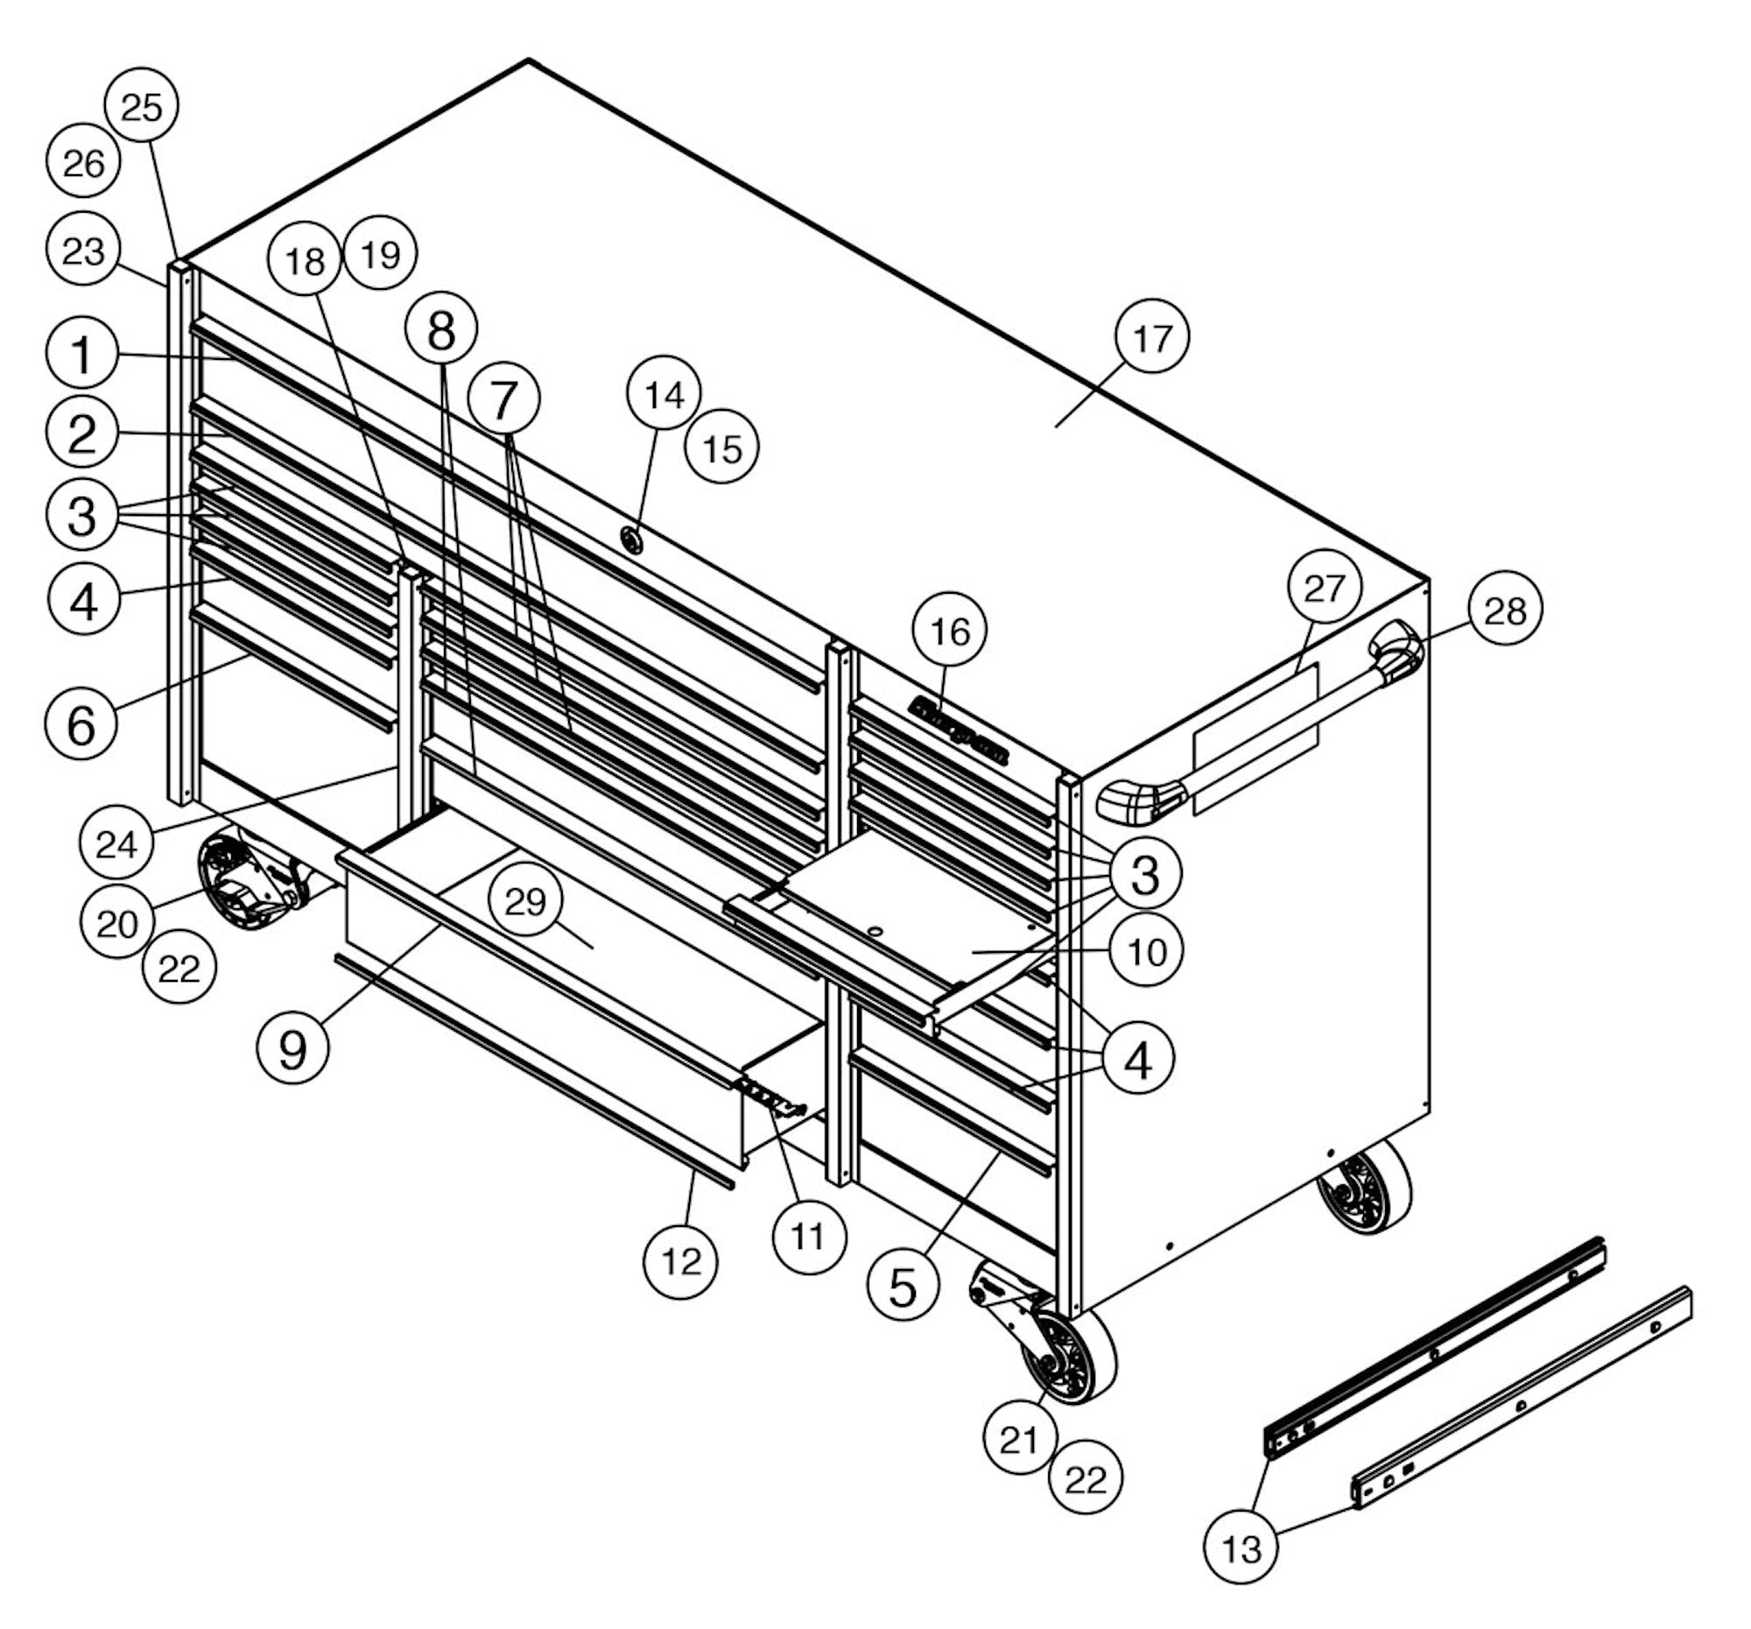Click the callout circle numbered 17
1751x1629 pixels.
1152,337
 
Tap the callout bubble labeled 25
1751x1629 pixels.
142,107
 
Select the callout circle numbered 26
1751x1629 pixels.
84,162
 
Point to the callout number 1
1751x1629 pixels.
82,353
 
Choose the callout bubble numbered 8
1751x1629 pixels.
441,329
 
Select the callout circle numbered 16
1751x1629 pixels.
950,631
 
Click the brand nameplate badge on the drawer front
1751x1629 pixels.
960,730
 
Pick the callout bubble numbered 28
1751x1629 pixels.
1505,609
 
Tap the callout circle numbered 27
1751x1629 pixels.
1325,587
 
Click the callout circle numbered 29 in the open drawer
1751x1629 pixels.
527,902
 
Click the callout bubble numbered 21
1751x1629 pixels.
1020,1441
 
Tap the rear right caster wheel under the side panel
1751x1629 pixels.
1363,1188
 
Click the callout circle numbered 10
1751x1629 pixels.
1146,951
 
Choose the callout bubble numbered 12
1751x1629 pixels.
681,1262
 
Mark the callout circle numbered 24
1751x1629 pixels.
116,843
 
